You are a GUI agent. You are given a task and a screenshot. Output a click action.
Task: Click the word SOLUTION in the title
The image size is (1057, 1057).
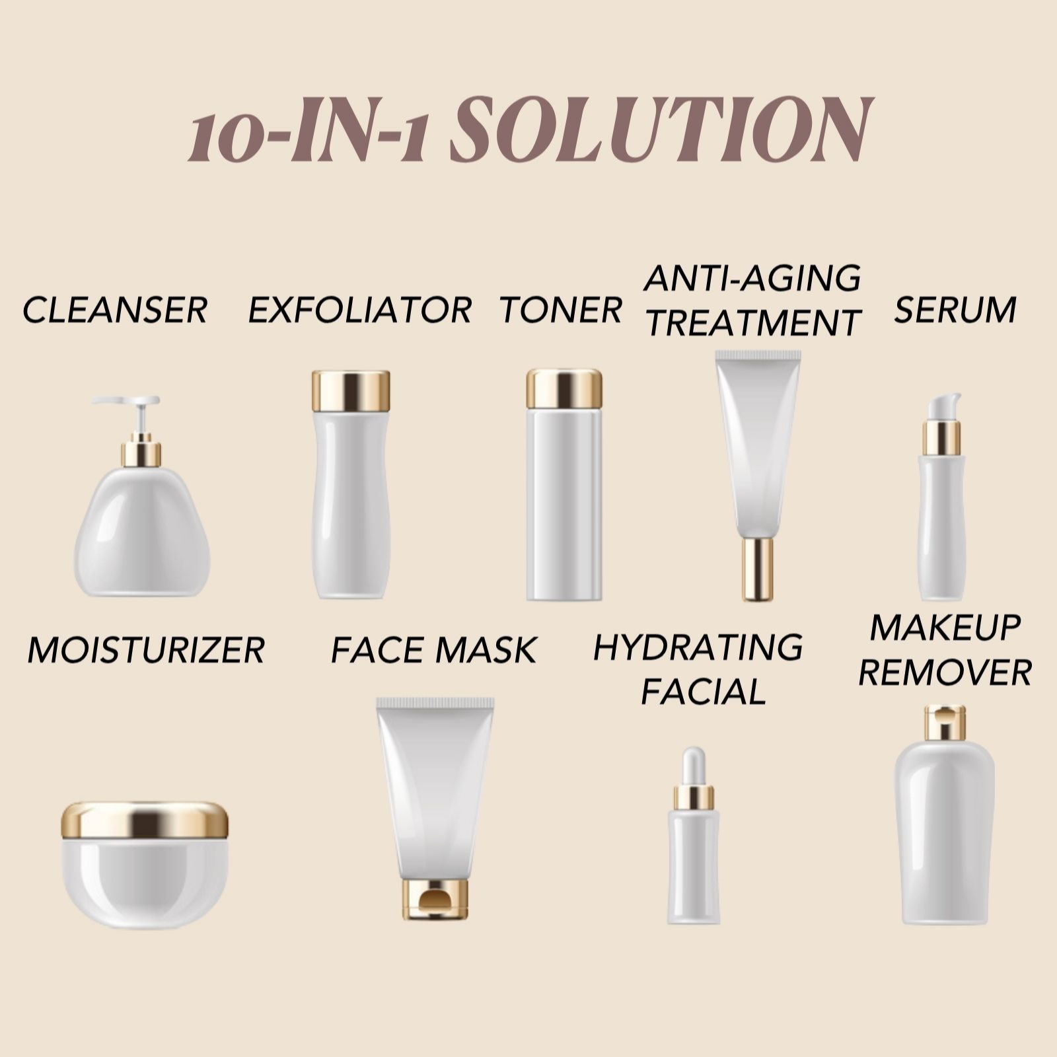pyautogui.click(x=663, y=129)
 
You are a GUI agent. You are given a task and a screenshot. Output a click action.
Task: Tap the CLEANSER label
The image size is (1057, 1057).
pyautogui.click(x=116, y=310)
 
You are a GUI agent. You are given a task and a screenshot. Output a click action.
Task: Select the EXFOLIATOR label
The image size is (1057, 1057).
pyautogui.click(x=360, y=310)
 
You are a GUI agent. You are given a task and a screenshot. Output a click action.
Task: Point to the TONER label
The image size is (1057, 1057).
pyautogui.click(x=561, y=310)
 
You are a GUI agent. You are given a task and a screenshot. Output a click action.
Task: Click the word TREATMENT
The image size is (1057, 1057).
pyautogui.click(x=753, y=323)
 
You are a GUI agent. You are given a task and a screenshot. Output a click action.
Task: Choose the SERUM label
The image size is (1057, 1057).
pyautogui.click(x=955, y=310)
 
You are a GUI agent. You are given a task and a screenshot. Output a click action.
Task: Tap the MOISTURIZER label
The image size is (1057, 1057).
pyautogui.click(x=146, y=650)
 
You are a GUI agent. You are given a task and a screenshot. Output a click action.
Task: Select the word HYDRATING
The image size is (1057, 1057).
pyautogui.click(x=698, y=647)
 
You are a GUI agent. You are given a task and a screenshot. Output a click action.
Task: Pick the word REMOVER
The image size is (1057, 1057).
pyautogui.click(x=945, y=673)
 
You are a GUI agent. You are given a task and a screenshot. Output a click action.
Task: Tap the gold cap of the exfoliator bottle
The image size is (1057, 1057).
pyautogui.click(x=351, y=391)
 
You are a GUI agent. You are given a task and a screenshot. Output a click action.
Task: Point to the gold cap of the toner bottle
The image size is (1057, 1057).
pyautogui.click(x=564, y=388)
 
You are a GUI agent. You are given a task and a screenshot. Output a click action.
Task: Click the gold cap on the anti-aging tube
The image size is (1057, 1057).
pyautogui.click(x=758, y=569)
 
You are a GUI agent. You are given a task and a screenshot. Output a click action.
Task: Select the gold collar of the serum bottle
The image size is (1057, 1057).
pyautogui.click(x=941, y=438)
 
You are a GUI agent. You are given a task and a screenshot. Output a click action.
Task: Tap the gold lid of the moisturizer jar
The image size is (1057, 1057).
pyautogui.click(x=145, y=820)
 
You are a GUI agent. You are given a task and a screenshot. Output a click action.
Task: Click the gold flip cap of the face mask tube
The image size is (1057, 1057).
pyautogui.click(x=435, y=899)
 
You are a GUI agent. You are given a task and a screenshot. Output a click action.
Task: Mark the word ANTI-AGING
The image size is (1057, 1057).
pyautogui.click(x=753, y=278)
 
